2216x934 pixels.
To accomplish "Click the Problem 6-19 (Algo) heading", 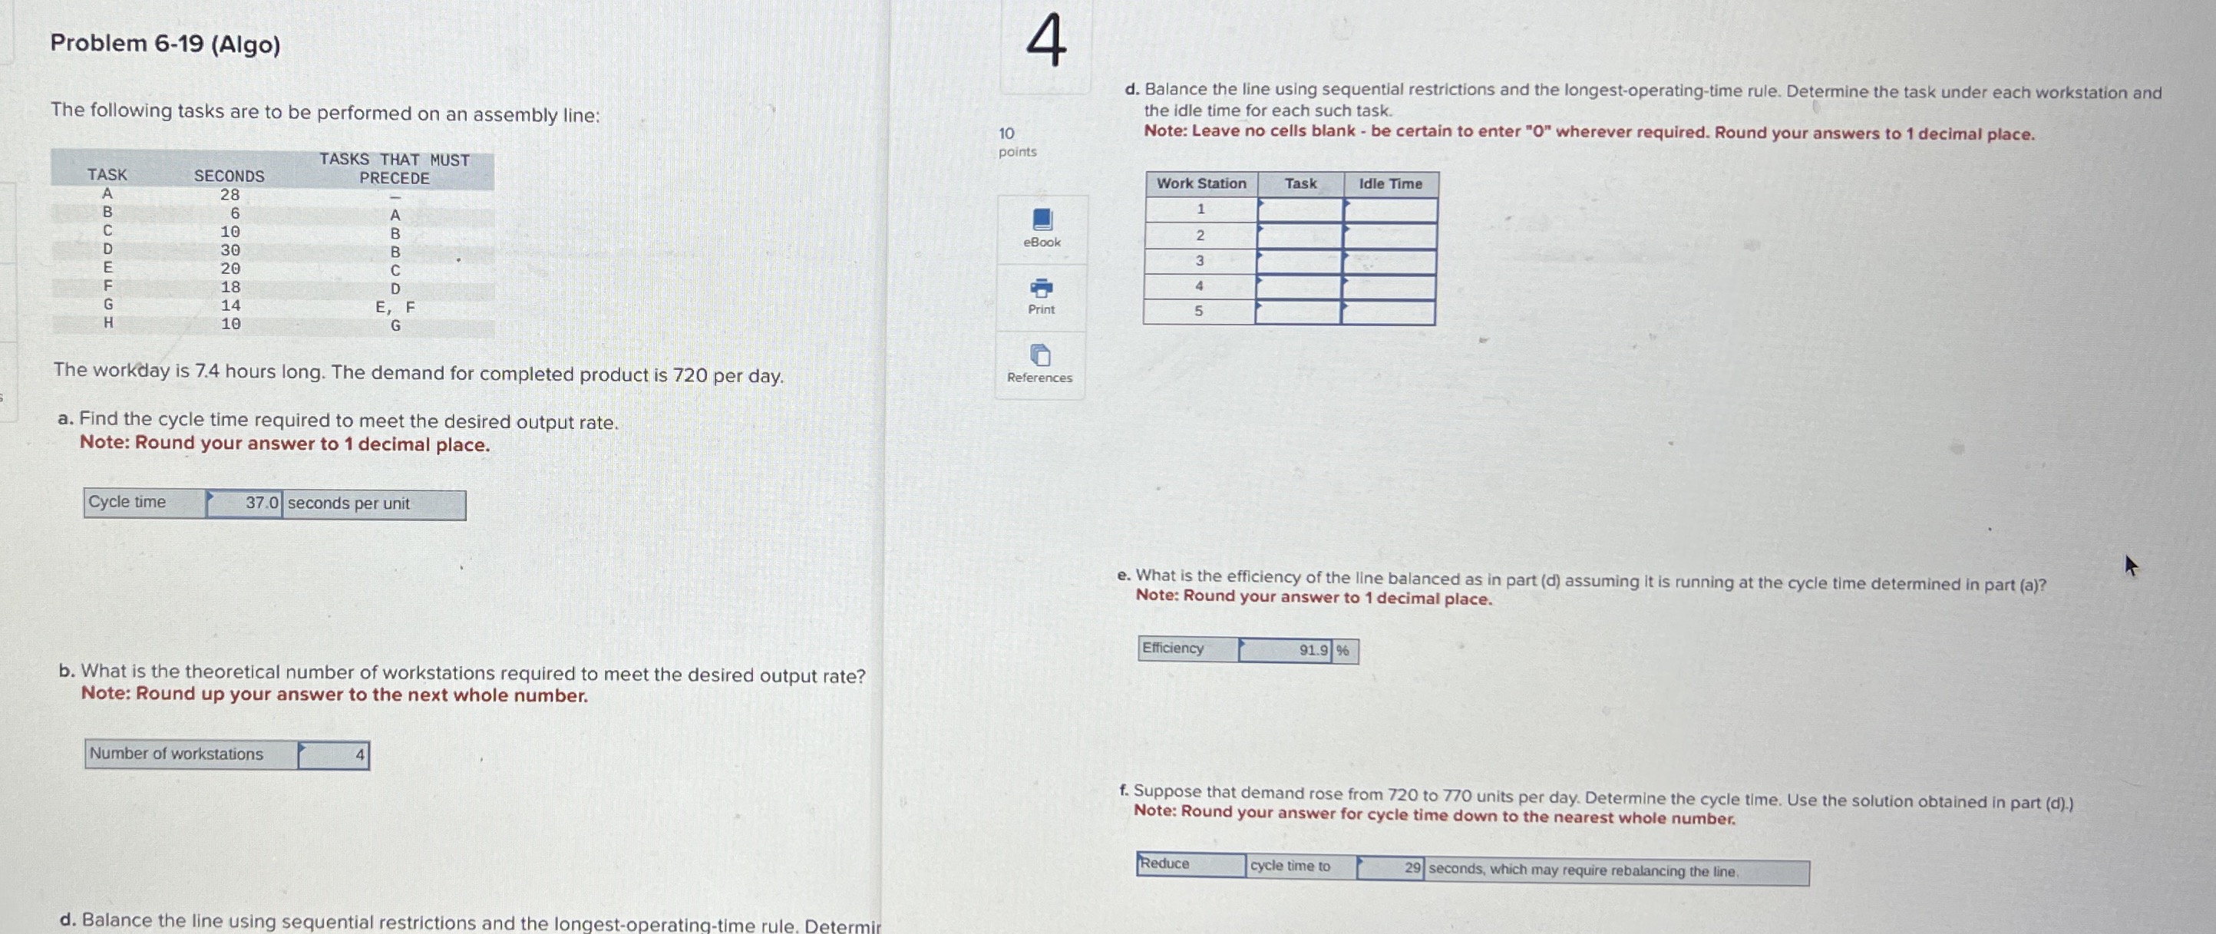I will tap(165, 44).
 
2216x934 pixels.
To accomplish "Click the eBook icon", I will tap(1042, 220).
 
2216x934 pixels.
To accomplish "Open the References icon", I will tap(1040, 355).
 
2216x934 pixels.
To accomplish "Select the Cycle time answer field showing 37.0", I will tap(244, 503).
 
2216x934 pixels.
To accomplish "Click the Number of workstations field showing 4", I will tap(334, 755).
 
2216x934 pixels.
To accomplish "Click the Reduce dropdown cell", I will tap(1191, 864).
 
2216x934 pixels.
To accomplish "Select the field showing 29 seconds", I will tap(1389, 868).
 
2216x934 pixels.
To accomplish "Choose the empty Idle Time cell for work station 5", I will tap(1388, 312).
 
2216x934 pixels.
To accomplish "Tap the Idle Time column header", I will tap(1390, 184).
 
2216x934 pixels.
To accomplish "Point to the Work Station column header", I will tap(1201, 184).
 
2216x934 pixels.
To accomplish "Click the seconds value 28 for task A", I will tap(230, 195).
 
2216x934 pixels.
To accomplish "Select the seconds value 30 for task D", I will tap(230, 250).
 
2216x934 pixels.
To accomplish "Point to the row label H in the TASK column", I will tap(108, 323).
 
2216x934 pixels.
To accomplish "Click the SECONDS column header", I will tap(229, 177).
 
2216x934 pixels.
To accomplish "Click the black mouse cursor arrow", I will tap(2131, 566).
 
